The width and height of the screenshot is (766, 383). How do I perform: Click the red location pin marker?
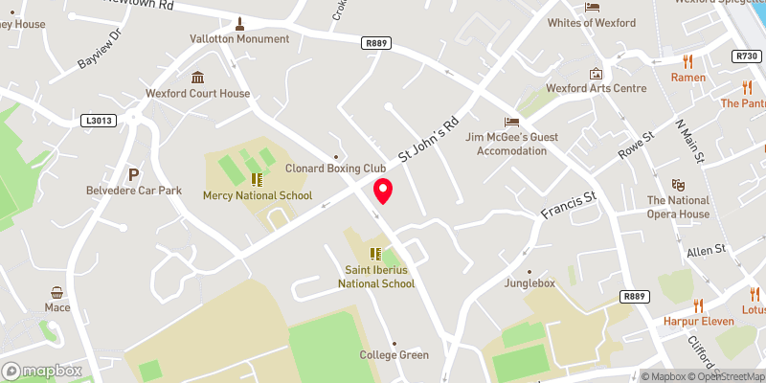coord(383,191)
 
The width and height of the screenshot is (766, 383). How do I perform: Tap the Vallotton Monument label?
coord(239,39)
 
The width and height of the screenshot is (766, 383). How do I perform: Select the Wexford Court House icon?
coord(198,77)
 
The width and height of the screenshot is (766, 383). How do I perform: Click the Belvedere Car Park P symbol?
coord(133,173)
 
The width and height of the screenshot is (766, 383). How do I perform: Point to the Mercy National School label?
coord(258,195)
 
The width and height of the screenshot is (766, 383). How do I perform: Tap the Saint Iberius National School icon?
coord(375,254)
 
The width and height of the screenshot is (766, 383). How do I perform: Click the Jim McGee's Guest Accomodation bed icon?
coord(511,122)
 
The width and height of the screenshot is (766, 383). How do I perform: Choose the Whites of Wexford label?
coord(592,23)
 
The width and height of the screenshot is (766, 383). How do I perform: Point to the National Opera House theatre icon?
coord(678,183)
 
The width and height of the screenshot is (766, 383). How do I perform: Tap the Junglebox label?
coord(530,283)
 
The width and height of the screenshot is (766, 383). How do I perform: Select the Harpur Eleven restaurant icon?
coord(698,305)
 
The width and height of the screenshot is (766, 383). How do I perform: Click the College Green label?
coord(394,355)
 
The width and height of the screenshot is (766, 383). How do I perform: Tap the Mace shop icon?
coord(57,292)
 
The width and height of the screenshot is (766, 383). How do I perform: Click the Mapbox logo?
coord(42,371)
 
